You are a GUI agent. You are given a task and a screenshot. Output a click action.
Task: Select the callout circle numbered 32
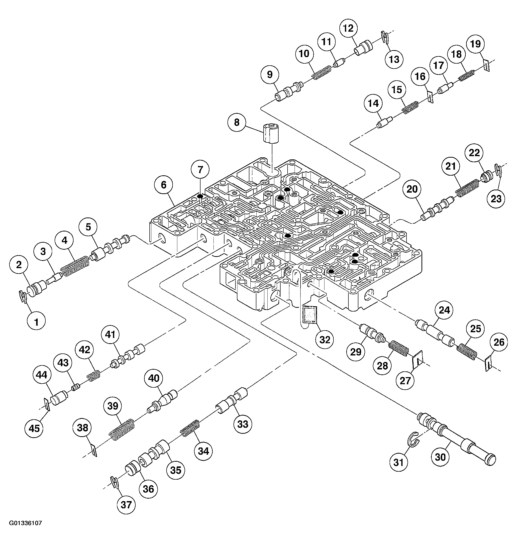(x=325, y=340)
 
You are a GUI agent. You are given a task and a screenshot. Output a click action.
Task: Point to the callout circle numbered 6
(x=163, y=185)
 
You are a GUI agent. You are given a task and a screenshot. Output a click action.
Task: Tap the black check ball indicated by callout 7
(x=200, y=196)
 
